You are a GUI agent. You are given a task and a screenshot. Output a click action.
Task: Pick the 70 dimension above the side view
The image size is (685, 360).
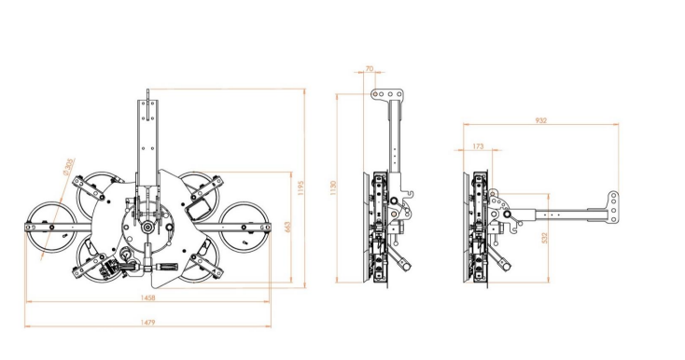(x=370, y=70)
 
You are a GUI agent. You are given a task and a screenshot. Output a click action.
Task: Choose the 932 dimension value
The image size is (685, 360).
(x=540, y=120)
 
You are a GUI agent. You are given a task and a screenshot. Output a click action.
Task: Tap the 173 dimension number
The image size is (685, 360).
(x=479, y=145)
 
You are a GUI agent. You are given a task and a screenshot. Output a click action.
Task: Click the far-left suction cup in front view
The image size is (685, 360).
(x=45, y=227)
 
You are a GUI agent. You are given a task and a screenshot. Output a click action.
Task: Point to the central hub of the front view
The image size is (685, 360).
(x=147, y=226)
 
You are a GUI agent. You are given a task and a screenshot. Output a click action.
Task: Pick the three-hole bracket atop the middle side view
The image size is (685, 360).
(x=387, y=94)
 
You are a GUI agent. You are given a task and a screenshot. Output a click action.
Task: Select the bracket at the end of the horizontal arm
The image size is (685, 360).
(x=613, y=209)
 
